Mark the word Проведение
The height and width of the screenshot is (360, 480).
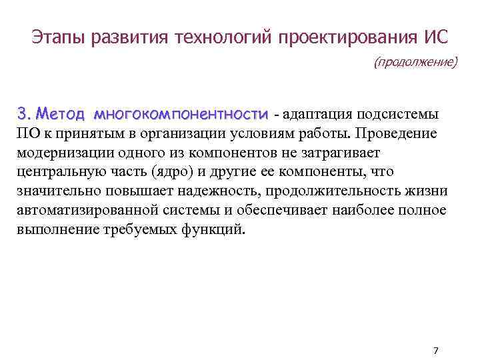click(x=396, y=133)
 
